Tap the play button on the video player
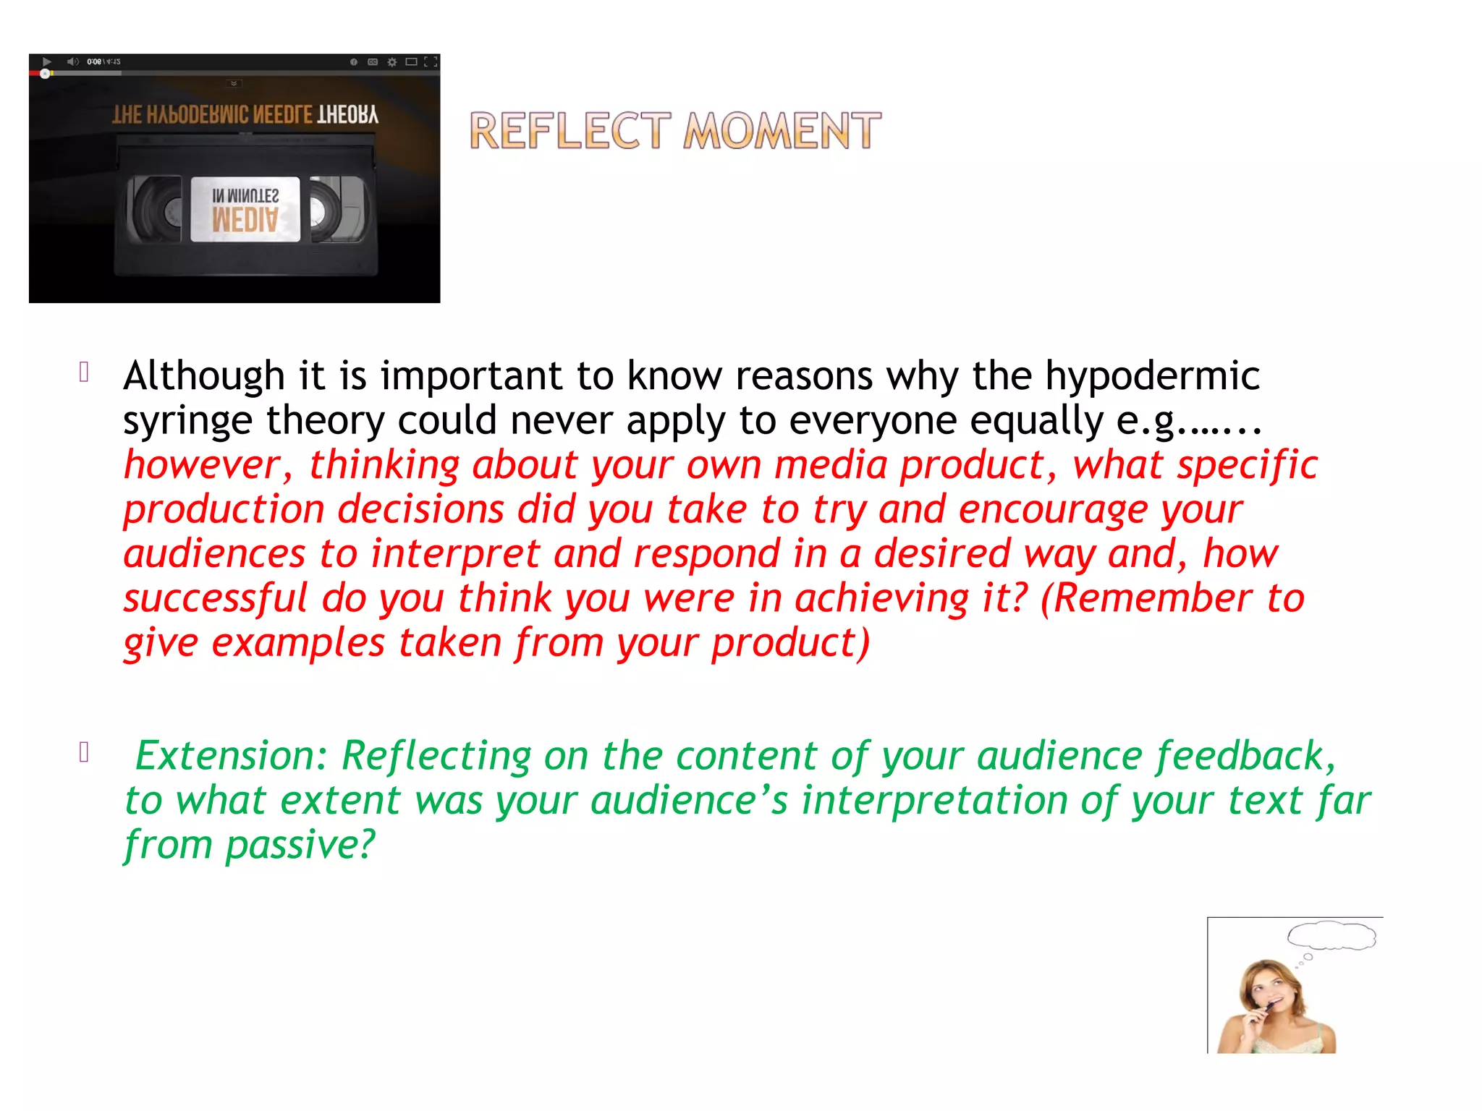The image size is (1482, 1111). click(x=47, y=62)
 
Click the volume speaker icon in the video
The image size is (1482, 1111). click(x=72, y=62)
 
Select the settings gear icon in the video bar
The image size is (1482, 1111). click(x=392, y=62)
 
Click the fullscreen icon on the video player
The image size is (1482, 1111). click(x=431, y=62)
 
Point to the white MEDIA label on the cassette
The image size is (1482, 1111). click(x=245, y=209)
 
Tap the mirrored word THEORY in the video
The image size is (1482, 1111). click(x=347, y=115)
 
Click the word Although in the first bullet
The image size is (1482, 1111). click(x=204, y=376)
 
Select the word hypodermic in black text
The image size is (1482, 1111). click(x=1152, y=376)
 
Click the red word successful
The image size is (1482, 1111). click(x=215, y=599)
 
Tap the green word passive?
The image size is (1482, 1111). click(x=300, y=845)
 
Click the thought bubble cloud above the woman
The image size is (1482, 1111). click(x=1331, y=935)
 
